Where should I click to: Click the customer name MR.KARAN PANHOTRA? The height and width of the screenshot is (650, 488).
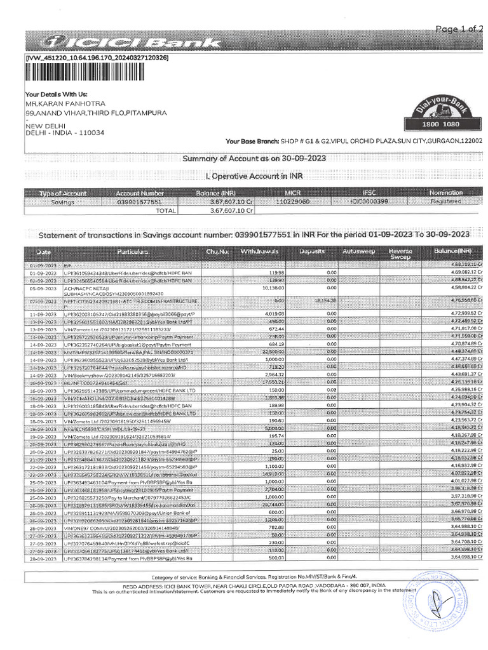(x=65, y=103)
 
